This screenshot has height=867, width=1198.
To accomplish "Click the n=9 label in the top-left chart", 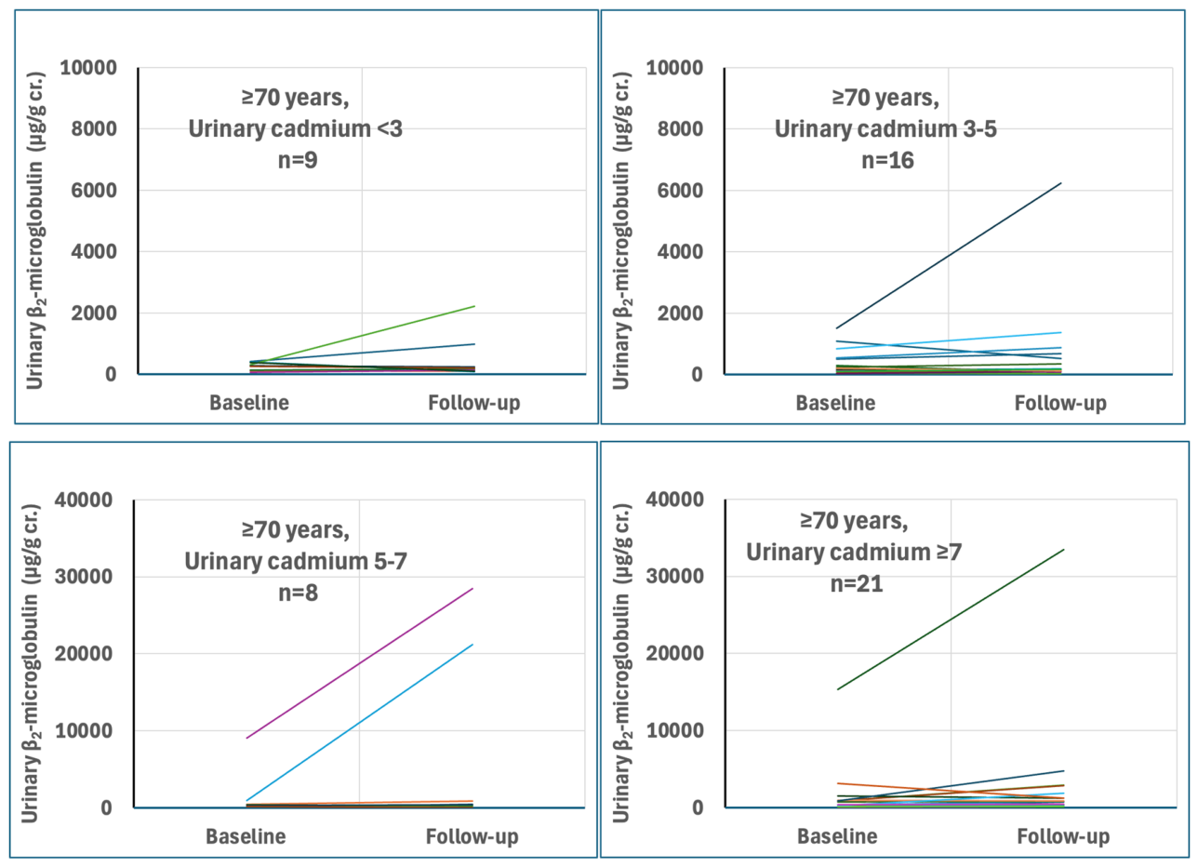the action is pos(298,160).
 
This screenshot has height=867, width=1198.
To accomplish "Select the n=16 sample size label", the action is pos(887,160).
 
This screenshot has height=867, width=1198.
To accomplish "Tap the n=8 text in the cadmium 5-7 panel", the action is pos(298,593).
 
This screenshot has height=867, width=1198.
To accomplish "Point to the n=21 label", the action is pos(857,583).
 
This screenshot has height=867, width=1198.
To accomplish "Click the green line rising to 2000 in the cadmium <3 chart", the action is pos(362,335).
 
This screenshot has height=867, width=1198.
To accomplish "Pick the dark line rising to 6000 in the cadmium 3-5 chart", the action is pos(948,256).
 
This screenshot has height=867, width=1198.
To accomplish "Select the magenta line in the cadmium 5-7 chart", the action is pos(359,663).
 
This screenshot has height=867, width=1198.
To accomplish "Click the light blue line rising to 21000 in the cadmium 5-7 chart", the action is pos(359,723).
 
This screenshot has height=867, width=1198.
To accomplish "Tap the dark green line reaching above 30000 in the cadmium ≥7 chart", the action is pos(951,620).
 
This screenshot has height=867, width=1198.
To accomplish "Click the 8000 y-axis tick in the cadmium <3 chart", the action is pos(94,129).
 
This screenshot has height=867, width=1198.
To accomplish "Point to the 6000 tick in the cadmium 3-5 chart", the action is pos(680,191).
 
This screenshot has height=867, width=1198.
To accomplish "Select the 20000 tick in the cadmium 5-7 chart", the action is pos(84,654).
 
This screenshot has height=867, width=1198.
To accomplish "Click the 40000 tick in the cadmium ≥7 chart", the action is pos(675,500).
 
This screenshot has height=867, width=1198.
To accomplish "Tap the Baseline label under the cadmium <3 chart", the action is pos(249,403).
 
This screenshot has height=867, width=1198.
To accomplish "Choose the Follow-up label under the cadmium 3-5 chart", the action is pos(1060,404).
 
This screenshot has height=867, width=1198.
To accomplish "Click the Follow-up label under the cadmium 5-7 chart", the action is pos(473,836).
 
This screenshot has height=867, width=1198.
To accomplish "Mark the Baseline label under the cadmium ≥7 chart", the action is pos(837,836).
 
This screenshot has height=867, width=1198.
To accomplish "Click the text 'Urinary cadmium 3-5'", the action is pos(885,129).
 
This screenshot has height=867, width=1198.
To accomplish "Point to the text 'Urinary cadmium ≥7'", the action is pos(854,552).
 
